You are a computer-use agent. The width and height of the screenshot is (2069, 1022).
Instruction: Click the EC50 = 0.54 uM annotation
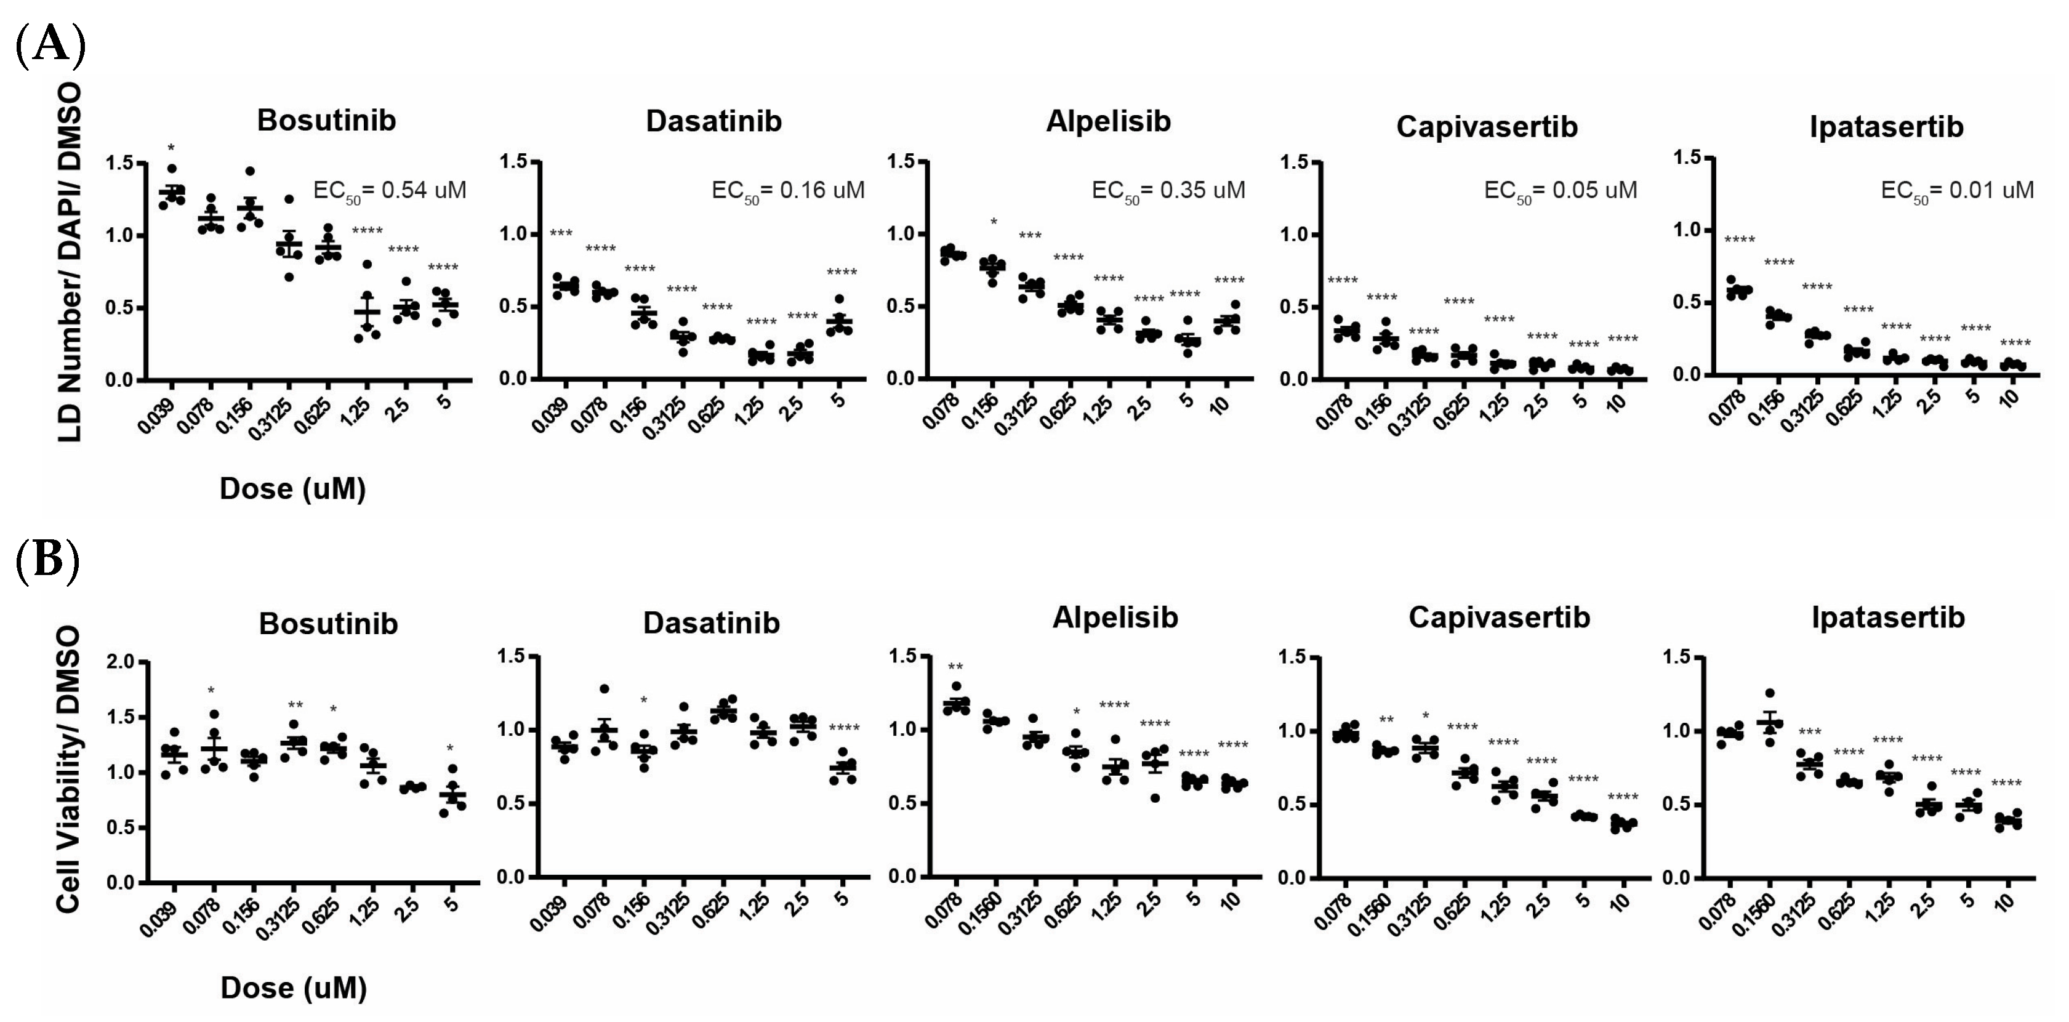point(390,191)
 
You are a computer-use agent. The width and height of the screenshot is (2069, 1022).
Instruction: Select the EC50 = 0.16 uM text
point(788,191)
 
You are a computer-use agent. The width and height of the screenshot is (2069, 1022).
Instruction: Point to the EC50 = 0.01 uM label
point(1958,191)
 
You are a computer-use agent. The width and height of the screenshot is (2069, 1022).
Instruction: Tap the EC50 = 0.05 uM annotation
point(1560,191)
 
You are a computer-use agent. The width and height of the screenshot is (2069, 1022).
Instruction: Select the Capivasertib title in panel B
point(1499,617)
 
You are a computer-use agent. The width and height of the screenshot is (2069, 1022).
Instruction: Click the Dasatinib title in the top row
point(713,121)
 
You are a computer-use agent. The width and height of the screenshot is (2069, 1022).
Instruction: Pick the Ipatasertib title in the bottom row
point(1887,617)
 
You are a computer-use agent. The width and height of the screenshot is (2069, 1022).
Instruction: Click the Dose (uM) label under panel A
point(292,488)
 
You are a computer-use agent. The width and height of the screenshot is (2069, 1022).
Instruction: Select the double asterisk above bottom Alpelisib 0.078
point(955,667)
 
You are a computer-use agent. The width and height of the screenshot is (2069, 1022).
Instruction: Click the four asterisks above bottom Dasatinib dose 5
point(843,729)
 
